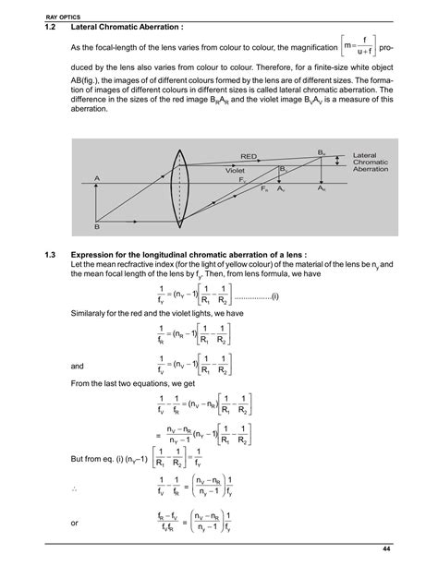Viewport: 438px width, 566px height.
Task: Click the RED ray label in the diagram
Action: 249,157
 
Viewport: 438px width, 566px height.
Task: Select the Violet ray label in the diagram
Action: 239,171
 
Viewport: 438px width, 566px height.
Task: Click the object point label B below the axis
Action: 96,226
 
